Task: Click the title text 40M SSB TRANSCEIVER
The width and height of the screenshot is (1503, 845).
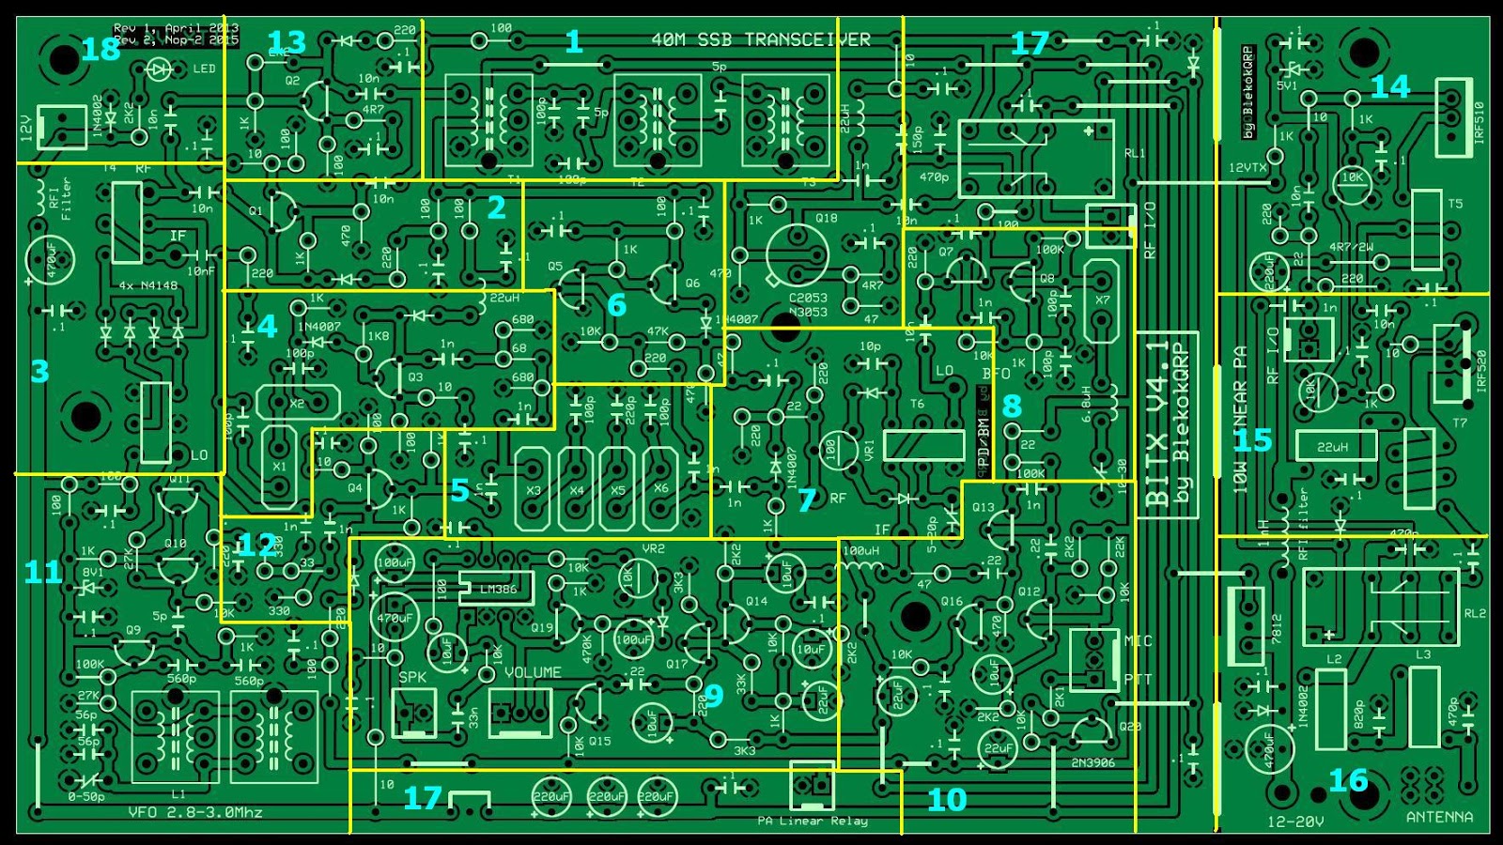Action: [x=761, y=39]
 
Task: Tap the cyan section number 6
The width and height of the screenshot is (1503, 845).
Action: [x=616, y=305]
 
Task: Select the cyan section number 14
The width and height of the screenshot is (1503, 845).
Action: [x=1389, y=87]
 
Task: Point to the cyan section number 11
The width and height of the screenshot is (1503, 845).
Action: [x=42, y=572]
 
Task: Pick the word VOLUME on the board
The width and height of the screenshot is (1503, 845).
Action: [x=533, y=672]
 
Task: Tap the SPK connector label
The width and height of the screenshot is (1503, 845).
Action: [x=412, y=676]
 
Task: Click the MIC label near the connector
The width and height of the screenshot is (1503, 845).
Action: [x=1138, y=641]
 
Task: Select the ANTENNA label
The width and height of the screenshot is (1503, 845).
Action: [x=1438, y=817]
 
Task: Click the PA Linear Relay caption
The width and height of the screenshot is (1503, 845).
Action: [x=813, y=822]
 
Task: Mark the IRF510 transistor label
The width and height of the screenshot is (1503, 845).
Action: [x=1480, y=121]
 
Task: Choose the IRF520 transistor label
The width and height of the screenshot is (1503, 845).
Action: [x=1481, y=371]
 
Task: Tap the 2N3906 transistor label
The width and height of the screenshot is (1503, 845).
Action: [x=1092, y=762]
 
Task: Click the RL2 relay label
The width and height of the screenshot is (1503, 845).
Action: [x=1475, y=613]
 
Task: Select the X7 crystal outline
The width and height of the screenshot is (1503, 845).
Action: [x=1102, y=300]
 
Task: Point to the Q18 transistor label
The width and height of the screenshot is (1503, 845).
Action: [x=826, y=218]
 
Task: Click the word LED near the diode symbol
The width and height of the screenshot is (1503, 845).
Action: [x=204, y=69]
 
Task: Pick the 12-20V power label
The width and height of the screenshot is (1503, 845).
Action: [x=1295, y=822]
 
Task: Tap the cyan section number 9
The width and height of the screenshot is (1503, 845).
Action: [x=713, y=696]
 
